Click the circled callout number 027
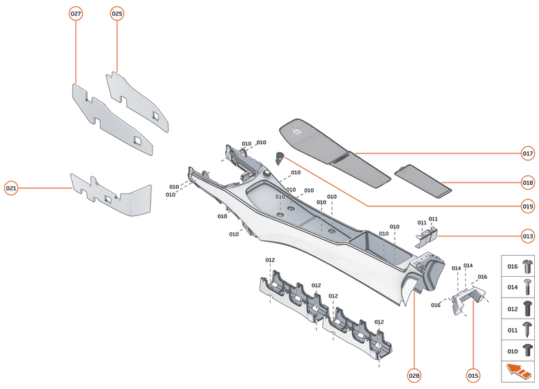76,14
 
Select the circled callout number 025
117,14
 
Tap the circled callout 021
12,188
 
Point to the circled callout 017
528,153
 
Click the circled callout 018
528,183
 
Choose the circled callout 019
528,206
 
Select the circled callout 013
528,236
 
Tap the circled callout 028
414,376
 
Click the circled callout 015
473,376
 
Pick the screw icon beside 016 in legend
527,266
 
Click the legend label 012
512,308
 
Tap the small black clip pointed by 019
281,157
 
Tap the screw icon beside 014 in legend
527,287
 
